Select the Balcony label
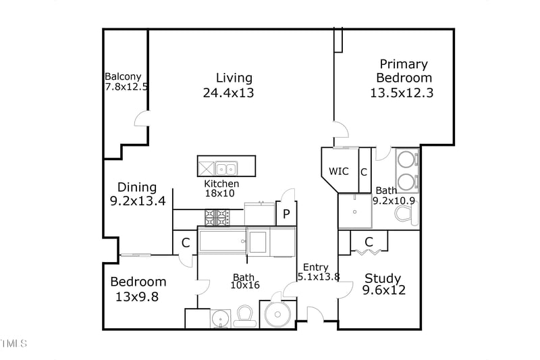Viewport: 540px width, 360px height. point(123,77)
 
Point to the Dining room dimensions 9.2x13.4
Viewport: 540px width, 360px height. point(138,201)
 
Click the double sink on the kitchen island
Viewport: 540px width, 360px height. point(225,167)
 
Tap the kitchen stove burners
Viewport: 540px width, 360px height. point(217,217)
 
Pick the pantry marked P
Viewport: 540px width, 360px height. point(286,215)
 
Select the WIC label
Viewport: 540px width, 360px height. point(339,172)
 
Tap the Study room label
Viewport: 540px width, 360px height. point(383,278)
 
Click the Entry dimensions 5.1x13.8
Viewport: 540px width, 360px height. point(318,276)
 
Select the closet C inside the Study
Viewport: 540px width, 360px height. point(369,242)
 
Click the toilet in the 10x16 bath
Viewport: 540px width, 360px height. point(244,316)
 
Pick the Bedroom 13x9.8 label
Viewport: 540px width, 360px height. point(138,282)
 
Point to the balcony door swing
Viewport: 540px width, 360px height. point(142,120)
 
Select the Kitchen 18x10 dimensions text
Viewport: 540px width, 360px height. point(221,193)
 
